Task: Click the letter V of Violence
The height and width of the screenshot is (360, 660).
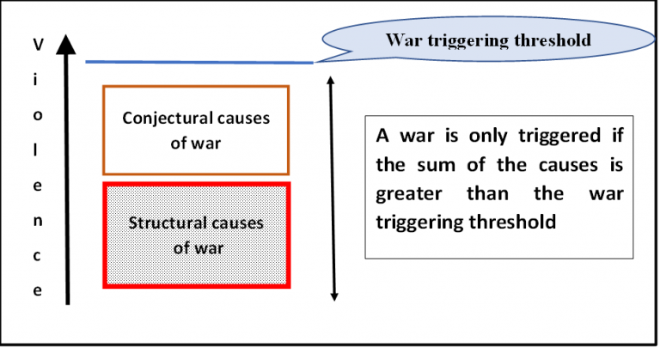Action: coord(36,42)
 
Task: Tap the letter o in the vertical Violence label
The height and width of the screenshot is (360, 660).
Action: coord(36,114)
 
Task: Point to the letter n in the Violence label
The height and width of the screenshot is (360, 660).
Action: coord(36,220)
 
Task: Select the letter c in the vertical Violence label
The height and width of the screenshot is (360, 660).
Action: coord(36,255)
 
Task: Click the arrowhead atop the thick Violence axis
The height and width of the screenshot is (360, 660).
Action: coord(69,43)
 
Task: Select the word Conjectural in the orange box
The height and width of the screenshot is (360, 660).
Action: coord(158,118)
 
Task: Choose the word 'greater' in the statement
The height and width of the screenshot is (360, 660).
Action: coord(407,192)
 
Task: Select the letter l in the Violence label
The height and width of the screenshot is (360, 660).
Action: coord(36,149)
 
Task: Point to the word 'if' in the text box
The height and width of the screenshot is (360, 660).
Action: coord(614,137)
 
